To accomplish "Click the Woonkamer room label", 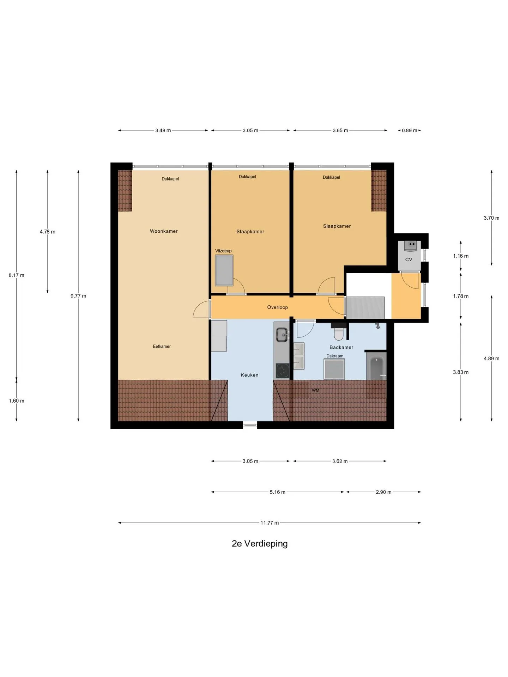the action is [x=164, y=231].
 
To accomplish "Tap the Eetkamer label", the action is [x=162, y=347].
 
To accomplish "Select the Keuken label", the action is [x=249, y=375].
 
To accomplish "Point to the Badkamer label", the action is [x=341, y=347].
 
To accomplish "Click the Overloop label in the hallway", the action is [x=277, y=307].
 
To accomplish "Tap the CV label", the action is [x=409, y=260].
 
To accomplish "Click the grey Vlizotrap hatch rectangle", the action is [x=224, y=270].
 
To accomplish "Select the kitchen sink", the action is [x=282, y=335].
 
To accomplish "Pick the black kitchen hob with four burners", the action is [x=282, y=371].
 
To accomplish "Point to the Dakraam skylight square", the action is [x=334, y=369].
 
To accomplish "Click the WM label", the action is [x=315, y=390].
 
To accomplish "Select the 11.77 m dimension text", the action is [x=270, y=523].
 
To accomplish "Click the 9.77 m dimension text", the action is [x=78, y=296].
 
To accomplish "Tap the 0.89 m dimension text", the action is [x=409, y=130].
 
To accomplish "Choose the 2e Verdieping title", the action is [x=260, y=544].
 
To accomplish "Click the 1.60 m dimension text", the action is [x=17, y=401].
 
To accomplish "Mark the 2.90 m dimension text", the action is [x=383, y=492].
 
